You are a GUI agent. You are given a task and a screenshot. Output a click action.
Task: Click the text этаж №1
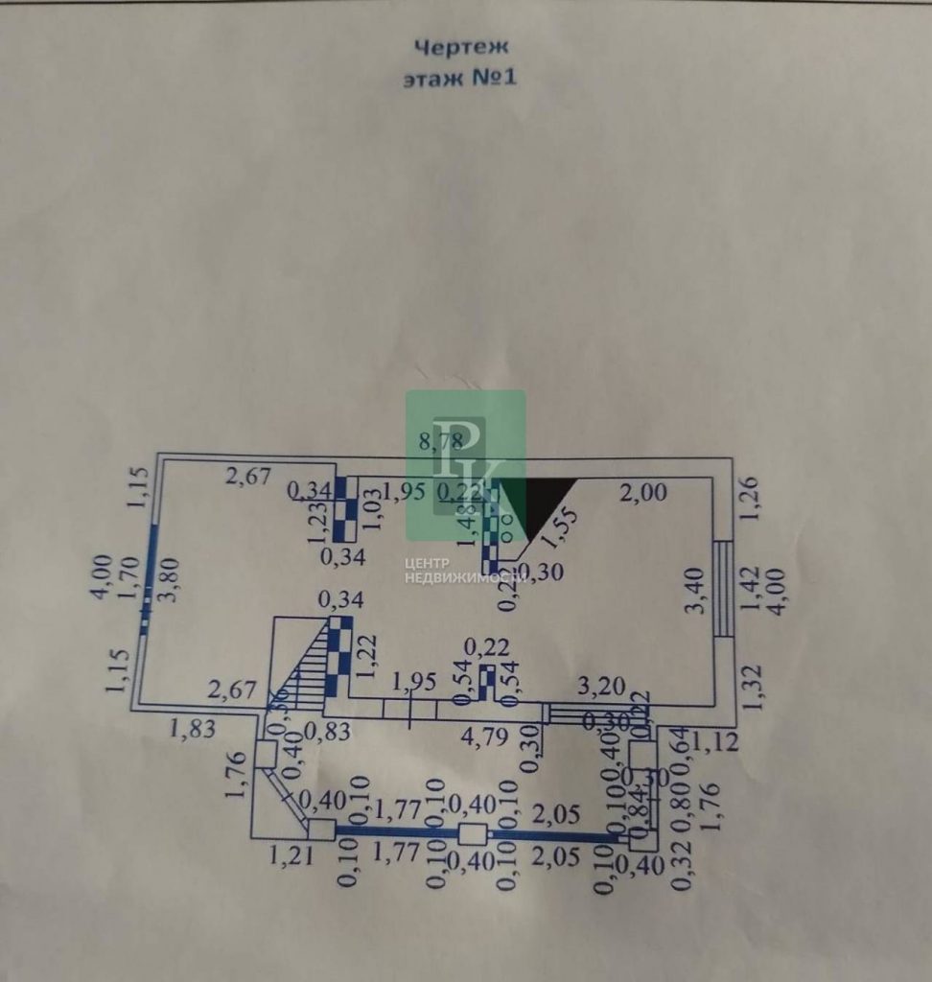(460, 78)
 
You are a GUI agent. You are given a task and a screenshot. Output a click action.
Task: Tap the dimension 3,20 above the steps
(601, 687)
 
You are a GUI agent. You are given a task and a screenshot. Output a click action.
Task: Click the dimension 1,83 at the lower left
(192, 730)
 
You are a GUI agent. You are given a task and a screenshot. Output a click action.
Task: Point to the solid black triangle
(546, 506)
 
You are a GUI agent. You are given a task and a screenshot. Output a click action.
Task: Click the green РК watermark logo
(466, 465)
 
